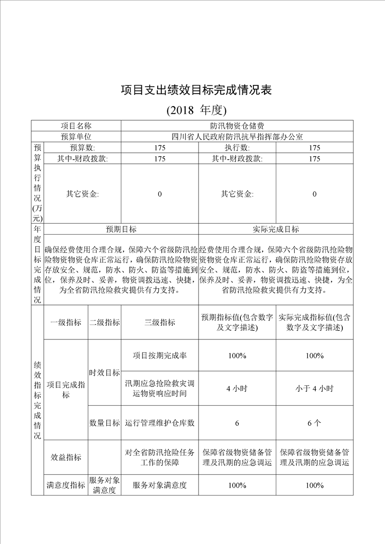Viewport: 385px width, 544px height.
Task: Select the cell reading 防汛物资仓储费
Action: pos(237,126)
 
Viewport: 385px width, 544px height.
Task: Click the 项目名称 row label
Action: pos(76,126)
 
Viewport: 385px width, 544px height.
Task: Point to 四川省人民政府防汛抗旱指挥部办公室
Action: pos(237,137)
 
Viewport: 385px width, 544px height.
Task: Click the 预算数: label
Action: pos(82,147)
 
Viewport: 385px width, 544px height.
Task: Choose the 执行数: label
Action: pos(237,147)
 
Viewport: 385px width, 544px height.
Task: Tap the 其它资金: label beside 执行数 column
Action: pos(237,194)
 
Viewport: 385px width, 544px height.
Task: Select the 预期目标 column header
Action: pos(121,229)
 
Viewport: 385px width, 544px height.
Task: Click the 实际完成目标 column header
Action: pos(276,229)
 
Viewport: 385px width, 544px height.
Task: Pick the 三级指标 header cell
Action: pos(160,322)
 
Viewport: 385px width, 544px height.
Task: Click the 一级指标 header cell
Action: pos(66,322)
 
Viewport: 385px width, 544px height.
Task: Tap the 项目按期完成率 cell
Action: pos(160,355)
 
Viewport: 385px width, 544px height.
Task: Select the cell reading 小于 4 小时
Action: pos(315,388)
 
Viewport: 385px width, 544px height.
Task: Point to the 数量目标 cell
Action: pos(104,423)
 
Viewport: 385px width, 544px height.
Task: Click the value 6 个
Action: pos(315,423)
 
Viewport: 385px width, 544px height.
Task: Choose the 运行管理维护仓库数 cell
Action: pos(160,423)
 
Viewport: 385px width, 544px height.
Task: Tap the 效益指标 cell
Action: pos(66,457)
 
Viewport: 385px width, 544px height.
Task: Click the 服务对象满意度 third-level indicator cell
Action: pos(160,485)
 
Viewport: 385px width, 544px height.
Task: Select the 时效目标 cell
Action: pos(104,372)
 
